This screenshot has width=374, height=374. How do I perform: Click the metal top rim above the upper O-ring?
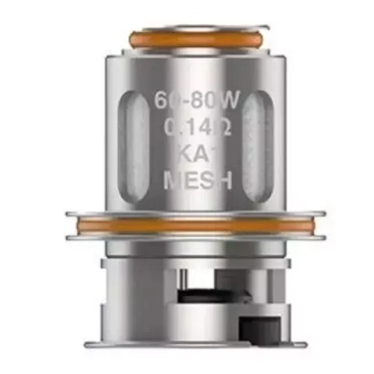(187, 23)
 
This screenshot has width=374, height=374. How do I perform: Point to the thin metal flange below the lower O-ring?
(194, 237)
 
